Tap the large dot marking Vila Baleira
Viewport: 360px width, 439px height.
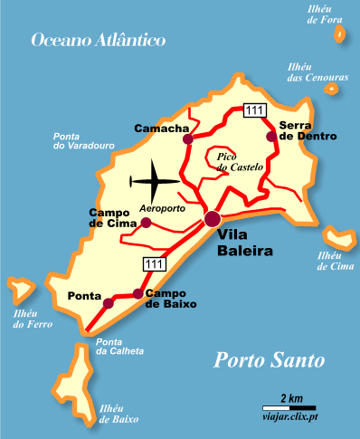click(x=213, y=218)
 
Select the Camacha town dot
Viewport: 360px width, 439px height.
click(x=188, y=139)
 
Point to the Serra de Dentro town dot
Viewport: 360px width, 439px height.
click(x=270, y=136)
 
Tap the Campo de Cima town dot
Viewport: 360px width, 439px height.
click(x=147, y=221)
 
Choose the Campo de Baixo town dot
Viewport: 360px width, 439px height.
click(x=137, y=293)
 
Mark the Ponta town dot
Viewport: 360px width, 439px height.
click(x=109, y=303)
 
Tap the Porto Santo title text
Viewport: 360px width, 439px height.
click(x=269, y=361)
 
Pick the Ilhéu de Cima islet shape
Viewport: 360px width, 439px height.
click(x=339, y=240)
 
